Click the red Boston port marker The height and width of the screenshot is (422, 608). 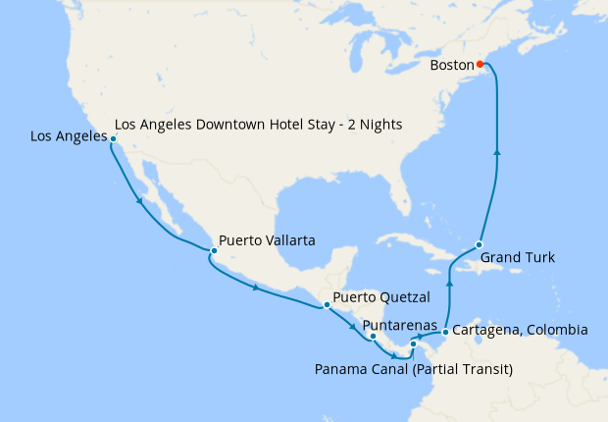(x=480, y=65)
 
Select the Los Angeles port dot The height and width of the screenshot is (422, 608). (x=114, y=139)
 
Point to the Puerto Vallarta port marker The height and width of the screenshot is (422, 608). (x=212, y=251)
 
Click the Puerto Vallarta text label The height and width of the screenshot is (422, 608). (x=267, y=238)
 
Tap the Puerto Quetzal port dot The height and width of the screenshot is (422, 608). (x=327, y=305)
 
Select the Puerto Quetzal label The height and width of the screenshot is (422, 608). (x=380, y=295)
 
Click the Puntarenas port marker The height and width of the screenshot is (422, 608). (x=373, y=337)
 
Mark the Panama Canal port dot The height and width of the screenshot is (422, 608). (x=414, y=344)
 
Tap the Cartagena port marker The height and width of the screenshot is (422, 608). (x=445, y=332)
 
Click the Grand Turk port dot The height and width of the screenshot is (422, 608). (x=480, y=244)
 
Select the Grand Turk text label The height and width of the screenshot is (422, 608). (x=518, y=258)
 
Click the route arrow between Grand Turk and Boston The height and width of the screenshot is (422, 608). (x=497, y=151)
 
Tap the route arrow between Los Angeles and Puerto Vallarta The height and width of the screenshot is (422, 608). (x=140, y=202)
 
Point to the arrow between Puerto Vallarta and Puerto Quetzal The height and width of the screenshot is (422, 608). (x=257, y=288)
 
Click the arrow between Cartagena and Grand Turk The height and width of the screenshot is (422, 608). (x=450, y=284)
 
